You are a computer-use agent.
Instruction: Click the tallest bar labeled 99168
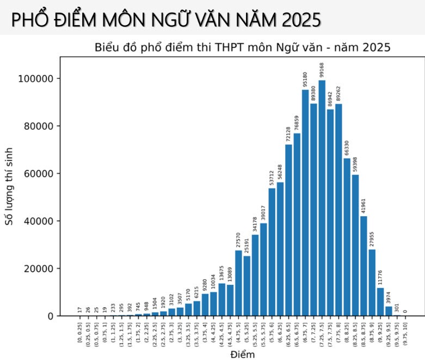tap(322, 198)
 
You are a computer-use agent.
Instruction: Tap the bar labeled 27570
tap(238, 283)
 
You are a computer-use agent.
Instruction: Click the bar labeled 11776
tap(380, 302)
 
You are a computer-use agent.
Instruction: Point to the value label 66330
tap(347, 147)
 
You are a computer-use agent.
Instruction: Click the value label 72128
tap(288, 133)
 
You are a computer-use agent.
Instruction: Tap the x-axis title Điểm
tap(242, 355)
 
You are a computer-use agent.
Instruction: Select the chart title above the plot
tap(242, 47)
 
